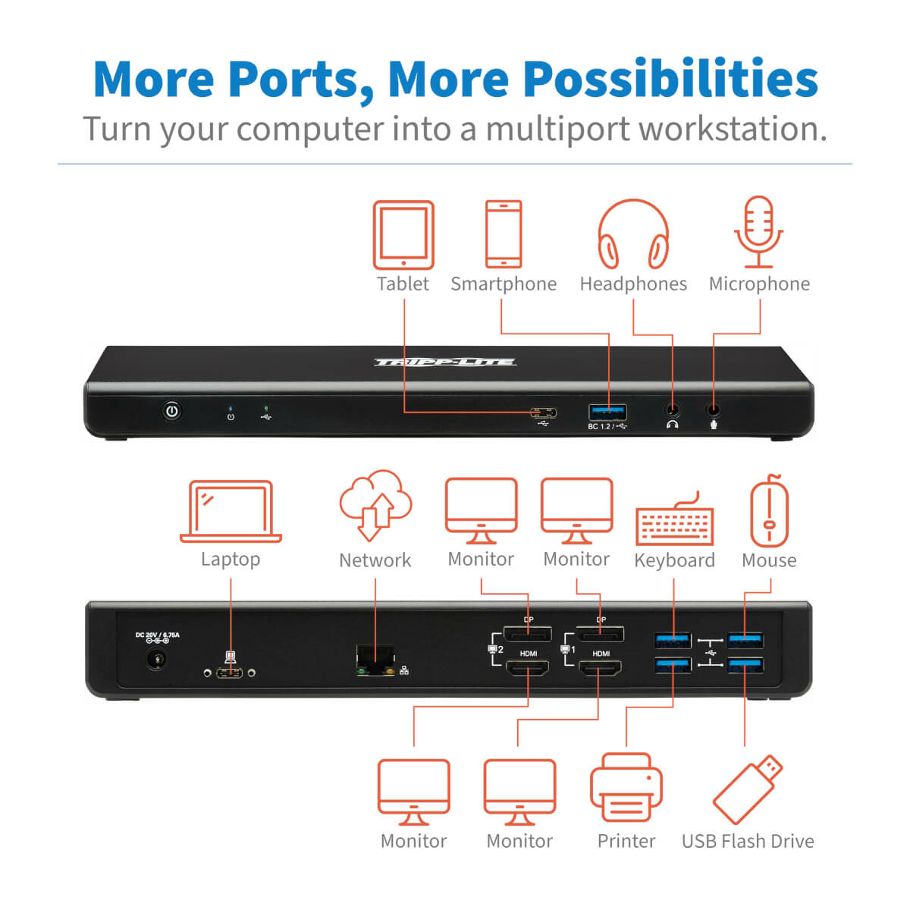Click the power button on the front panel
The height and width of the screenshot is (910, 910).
[173, 412]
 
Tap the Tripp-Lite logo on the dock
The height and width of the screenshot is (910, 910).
[445, 362]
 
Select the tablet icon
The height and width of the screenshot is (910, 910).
[403, 235]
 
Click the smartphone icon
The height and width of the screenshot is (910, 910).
[504, 234]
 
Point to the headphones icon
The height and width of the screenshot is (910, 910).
[633, 234]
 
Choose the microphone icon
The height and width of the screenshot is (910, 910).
[759, 232]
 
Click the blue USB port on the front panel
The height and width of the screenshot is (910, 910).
[608, 413]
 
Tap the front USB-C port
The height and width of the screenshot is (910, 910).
[544, 413]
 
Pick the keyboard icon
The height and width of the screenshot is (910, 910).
[674, 520]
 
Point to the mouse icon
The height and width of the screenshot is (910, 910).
[769, 510]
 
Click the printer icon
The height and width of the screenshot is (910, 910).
[626, 789]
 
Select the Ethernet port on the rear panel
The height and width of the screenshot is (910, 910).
[375, 658]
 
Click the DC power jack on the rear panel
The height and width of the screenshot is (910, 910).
[158, 660]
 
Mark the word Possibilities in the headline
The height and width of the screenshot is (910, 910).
[670, 79]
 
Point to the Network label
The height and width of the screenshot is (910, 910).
[375, 560]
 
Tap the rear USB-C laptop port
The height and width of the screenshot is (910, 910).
[230, 673]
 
